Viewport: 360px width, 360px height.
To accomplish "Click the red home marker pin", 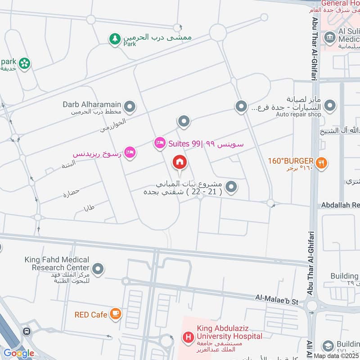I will coord(180,162).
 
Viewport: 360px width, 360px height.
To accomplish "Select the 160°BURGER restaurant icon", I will coord(321,163).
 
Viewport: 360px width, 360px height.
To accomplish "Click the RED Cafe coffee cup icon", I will coord(116,314).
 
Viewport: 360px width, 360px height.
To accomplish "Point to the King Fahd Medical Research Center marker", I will coord(98,269).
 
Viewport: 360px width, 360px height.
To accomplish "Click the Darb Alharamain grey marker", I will coord(130,107).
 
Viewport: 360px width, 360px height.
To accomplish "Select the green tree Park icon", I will coord(115,39).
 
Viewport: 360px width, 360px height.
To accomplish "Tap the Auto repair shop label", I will coord(299,114).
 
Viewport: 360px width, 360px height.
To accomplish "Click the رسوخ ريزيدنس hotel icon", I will coord(130,153).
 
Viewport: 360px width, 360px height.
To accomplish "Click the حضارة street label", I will coord(71,193).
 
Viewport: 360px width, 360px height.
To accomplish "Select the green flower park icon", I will coord(24,63).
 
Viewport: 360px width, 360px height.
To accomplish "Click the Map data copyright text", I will coord(336,356).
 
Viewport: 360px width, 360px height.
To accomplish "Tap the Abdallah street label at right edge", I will coord(340,205).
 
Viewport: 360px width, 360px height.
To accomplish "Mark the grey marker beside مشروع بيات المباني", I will coord(231,186).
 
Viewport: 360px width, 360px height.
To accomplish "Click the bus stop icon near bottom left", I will coord(27,331).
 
